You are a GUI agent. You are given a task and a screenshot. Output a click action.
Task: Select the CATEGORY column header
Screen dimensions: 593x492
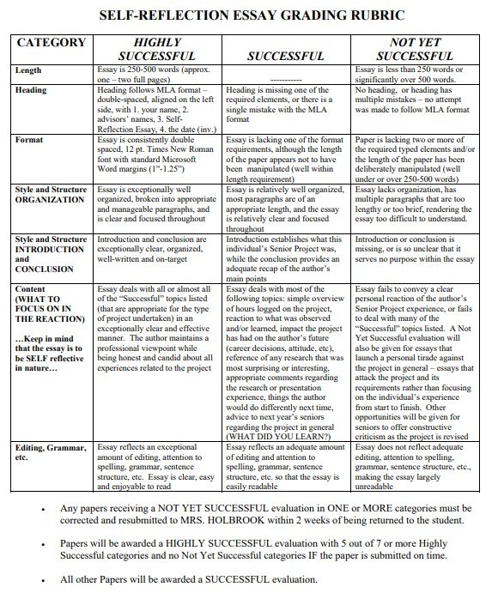pos(52,43)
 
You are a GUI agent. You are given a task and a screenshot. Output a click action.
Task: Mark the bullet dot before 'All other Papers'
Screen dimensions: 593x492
pos(44,579)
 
